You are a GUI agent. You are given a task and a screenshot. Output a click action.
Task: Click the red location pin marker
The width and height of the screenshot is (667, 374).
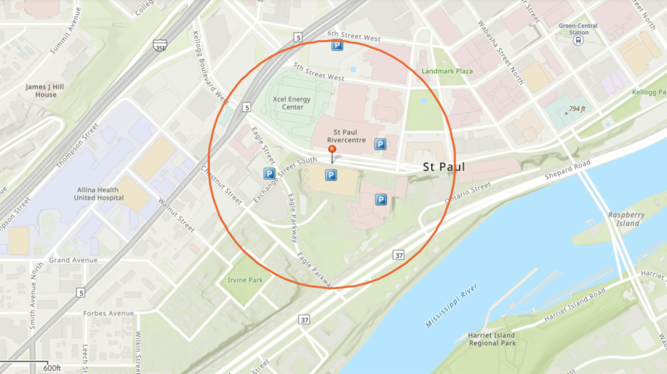click(332, 150)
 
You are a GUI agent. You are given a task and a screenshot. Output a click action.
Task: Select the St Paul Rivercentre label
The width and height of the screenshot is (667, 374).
click(349, 136)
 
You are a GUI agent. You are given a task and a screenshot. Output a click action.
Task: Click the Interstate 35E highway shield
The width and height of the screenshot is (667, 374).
click(159, 45)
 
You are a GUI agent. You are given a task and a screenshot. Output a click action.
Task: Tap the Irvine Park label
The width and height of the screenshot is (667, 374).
click(245, 280)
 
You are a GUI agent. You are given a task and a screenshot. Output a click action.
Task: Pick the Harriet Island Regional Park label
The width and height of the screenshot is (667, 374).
click(492, 339)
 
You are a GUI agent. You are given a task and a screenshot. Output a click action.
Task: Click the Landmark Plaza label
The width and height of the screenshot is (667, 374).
click(447, 71)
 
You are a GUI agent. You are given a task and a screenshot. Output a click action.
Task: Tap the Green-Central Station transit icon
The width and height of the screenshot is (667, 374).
click(579, 41)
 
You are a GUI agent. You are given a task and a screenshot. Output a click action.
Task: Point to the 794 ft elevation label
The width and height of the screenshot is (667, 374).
click(576, 109)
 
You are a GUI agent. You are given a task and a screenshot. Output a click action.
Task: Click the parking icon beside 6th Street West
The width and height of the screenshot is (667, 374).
click(337, 47)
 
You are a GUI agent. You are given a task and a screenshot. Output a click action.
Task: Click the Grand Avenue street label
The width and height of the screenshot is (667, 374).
click(73, 260)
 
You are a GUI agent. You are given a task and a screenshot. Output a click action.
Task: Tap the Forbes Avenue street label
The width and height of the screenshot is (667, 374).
click(108, 313)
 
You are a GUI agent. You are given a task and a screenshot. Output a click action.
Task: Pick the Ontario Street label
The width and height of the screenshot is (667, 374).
click(468, 194)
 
